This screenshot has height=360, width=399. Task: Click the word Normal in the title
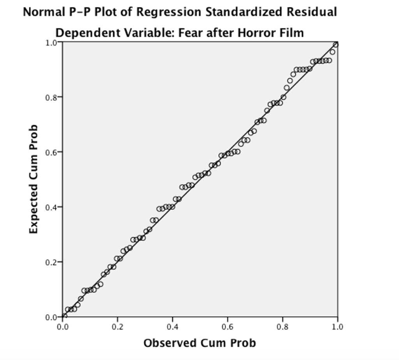[x=41, y=12]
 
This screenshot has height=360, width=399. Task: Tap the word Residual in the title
[x=312, y=12]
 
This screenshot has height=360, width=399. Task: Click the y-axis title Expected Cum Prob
[x=34, y=179]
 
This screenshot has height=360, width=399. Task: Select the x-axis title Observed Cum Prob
[x=199, y=343]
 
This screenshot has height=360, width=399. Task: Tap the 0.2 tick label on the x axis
[x=117, y=326]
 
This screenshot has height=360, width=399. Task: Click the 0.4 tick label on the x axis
[x=172, y=326]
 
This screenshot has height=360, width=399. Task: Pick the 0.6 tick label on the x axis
[x=228, y=326]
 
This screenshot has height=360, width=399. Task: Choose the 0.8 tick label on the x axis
[x=282, y=326]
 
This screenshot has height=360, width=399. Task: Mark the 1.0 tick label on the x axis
[x=337, y=326]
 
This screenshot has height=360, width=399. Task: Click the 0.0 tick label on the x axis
[x=62, y=326]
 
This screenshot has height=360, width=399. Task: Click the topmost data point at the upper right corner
[x=335, y=44]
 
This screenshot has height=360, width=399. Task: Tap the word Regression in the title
[x=169, y=12]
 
